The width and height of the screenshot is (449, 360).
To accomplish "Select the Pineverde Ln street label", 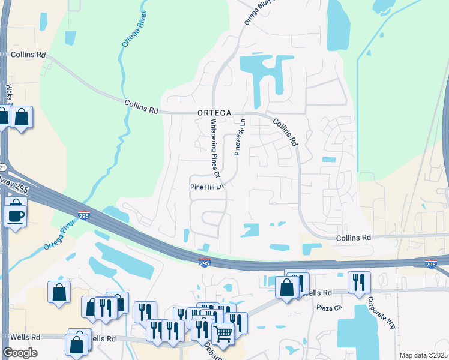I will pyautogui.click(x=239, y=137).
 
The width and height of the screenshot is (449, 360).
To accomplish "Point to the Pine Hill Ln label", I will pyautogui.click(x=206, y=187).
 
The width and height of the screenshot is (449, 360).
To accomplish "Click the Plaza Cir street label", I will pyautogui.click(x=329, y=308).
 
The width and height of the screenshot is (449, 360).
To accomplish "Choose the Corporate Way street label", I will pyautogui.click(x=382, y=313).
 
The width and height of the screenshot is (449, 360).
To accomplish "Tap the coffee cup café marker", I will pyautogui.click(x=15, y=214).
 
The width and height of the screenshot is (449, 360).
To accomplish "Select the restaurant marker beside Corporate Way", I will pyautogui.click(x=358, y=281).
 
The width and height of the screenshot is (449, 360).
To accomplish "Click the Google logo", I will pyautogui.click(x=20, y=353).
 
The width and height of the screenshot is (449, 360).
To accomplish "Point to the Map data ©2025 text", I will pyautogui.click(x=424, y=355).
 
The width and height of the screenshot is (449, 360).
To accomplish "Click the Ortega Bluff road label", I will pyautogui.click(x=256, y=13).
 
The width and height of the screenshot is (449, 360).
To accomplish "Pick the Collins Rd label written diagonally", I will pyautogui.click(x=286, y=132).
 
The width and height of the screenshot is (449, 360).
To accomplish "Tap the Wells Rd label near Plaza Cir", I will pyautogui.click(x=318, y=293).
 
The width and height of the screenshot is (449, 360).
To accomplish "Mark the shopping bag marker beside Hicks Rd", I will pyautogui.click(x=21, y=117).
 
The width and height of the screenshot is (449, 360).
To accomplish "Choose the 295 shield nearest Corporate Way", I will pyautogui.click(x=431, y=264).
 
